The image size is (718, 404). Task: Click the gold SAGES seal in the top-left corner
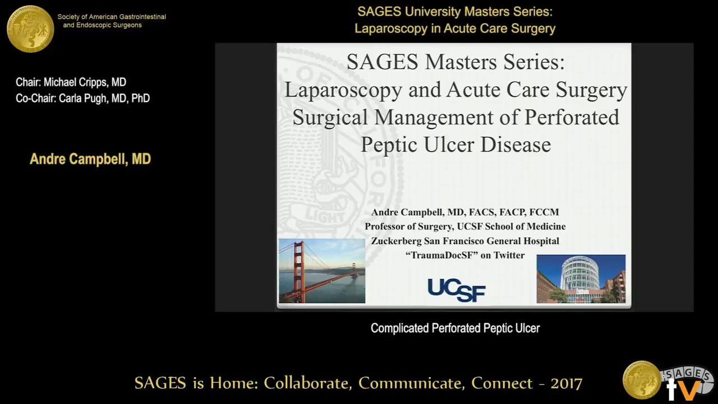click(30, 29)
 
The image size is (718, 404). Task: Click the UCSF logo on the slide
click(456, 290)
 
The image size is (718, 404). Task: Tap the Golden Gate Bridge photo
click(322, 270)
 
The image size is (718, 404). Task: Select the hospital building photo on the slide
click(581, 279)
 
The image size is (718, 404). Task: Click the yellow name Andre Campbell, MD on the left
click(90, 159)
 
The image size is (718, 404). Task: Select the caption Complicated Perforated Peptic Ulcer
click(455, 328)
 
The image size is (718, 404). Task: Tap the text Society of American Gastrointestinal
click(112, 17)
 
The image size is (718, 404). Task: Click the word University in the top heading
click(436, 11)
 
